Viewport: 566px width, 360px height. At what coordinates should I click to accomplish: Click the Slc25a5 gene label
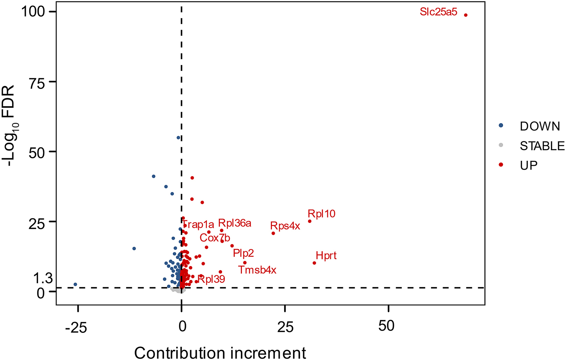438,12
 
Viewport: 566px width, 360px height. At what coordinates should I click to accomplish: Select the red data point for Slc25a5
466,15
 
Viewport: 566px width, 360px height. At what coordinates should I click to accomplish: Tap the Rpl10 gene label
321,214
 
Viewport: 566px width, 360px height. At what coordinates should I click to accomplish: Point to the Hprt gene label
326,255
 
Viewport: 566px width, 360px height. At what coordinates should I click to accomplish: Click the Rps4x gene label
285,226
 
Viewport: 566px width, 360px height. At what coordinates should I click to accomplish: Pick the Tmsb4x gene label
257,270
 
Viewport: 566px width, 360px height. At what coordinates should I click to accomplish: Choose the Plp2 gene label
243,253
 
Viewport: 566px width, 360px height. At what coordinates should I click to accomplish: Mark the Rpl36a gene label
235,223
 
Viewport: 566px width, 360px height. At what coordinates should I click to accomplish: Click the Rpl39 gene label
212,279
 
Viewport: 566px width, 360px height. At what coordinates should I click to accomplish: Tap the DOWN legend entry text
540,126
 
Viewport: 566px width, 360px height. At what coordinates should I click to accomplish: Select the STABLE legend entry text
542,146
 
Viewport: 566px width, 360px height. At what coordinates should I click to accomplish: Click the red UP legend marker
501,165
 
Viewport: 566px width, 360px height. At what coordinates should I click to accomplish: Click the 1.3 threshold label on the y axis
43,279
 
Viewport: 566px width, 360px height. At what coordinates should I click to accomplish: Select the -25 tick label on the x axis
76,327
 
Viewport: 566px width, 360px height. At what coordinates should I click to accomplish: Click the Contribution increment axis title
220,352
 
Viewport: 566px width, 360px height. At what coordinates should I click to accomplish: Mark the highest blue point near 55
178,138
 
